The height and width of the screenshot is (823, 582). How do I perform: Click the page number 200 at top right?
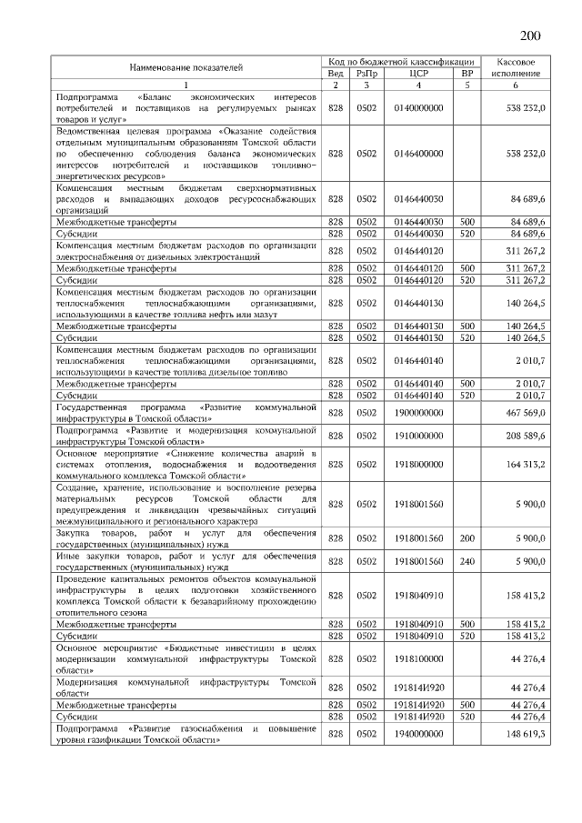pos(529,35)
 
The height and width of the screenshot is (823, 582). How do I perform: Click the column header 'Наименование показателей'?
pos(186,67)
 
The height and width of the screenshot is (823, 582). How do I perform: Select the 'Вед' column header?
pos(335,73)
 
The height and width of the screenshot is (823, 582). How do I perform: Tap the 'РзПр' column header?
pos(366,73)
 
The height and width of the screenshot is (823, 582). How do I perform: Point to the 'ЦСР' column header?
pos(418,73)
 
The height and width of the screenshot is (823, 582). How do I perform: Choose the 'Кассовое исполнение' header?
pos(515,66)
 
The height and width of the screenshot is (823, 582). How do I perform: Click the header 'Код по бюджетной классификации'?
pos(401,60)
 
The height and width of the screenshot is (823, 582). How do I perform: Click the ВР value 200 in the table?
pos(467,538)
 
